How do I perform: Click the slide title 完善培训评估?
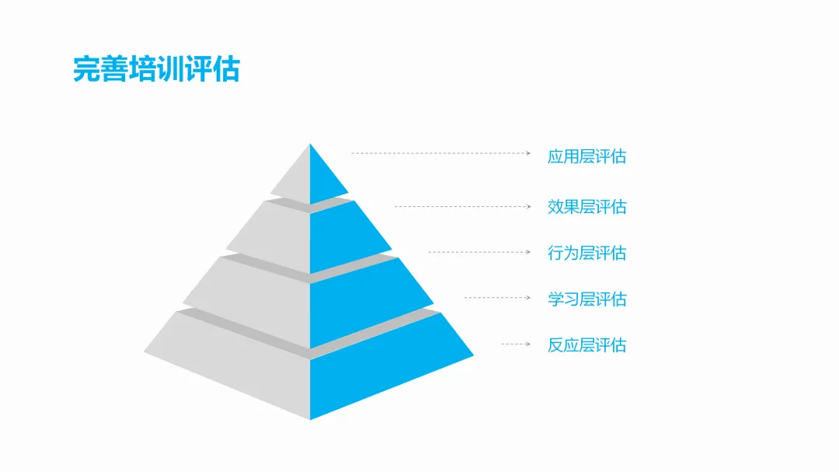point(156,69)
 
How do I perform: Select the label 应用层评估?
point(587,156)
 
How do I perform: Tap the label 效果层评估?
point(587,207)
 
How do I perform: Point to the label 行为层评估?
point(587,253)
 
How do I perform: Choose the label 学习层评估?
point(587,299)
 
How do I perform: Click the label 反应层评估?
point(587,344)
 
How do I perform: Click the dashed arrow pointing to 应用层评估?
point(440,153)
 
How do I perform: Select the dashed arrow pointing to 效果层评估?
point(462,206)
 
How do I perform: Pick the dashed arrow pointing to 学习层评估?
point(497,297)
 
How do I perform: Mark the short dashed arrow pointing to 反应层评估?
point(515,343)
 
